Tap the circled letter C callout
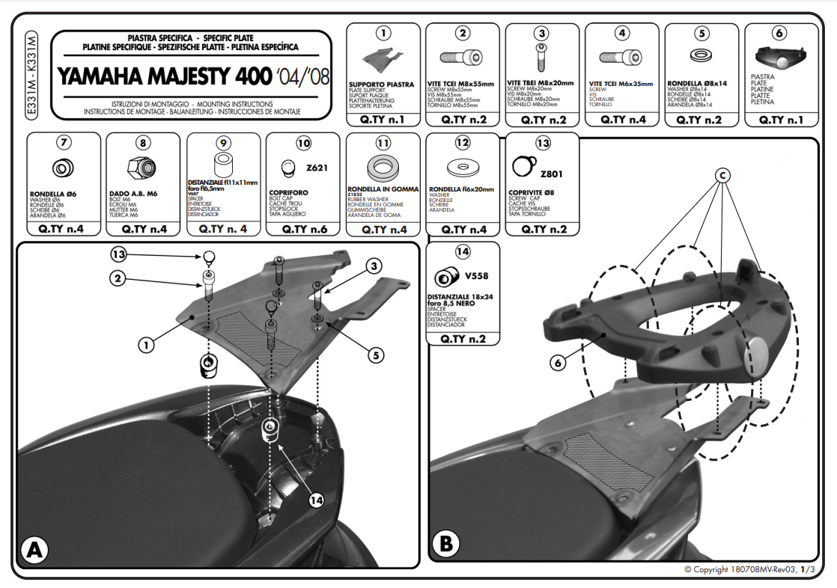pos(722,176)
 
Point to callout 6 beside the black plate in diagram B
pos(557,362)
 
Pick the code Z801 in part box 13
pos(550,174)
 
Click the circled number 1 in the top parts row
pos(383,33)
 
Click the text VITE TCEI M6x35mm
pos(621,84)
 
